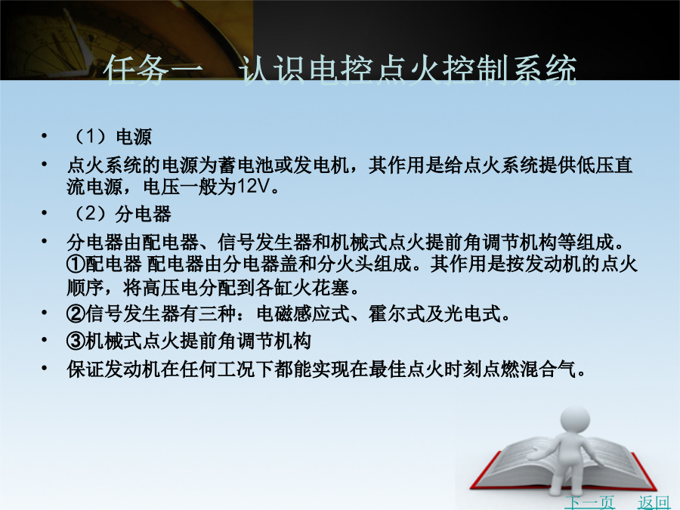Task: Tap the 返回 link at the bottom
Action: [x=654, y=502]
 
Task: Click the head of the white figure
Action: [x=576, y=420]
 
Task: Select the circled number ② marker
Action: [x=76, y=314]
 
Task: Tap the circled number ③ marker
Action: [x=76, y=341]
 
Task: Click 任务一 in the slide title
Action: [x=153, y=70]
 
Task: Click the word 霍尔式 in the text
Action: [x=397, y=314]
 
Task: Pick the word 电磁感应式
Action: [x=303, y=314]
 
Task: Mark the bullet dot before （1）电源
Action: [x=45, y=136]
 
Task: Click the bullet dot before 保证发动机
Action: [x=45, y=369]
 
